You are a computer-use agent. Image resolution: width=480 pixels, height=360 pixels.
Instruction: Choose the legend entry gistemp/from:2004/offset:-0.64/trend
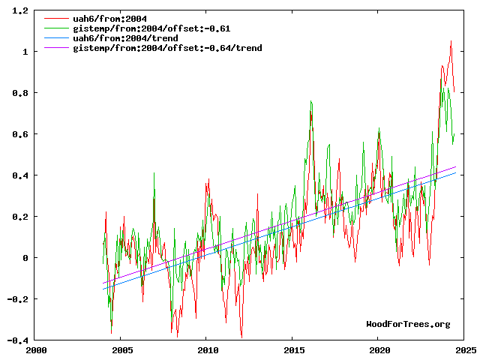pyautogui.click(x=167, y=48)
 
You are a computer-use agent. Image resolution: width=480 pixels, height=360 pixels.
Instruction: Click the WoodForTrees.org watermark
pyautogui.click(x=408, y=324)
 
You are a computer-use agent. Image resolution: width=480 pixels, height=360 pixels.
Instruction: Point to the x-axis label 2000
pyautogui.click(x=36, y=350)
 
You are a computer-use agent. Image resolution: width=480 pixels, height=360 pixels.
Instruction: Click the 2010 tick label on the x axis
pyautogui.click(x=208, y=350)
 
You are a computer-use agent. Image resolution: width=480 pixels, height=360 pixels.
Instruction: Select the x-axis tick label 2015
pyautogui.click(x=294, y=350)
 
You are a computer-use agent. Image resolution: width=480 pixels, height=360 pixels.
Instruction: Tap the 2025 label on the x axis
pyautogui.click(x=466, y=350)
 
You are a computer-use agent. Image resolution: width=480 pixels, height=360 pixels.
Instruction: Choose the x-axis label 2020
pyautogui.click(x=379, y=350)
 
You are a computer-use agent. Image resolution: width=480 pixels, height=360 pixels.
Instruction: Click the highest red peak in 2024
pyautogui.click(x=451, y=42)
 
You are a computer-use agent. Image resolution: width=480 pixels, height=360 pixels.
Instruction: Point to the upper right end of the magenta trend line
pyautogui.click(x=455, y=167)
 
